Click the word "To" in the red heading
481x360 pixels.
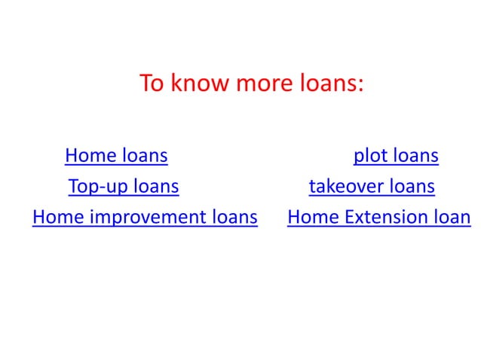(x=152, y=84)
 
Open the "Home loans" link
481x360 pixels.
(x=116, y=156)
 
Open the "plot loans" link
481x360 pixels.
(x=396, y=156)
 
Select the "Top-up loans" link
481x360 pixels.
(x=124, y=186)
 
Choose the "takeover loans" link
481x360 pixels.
(x=372, y=186)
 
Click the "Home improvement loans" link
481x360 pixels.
(x=145, y=218)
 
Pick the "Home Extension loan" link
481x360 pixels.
(x=379, y=218)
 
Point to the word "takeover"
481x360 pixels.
(x=346, y=186)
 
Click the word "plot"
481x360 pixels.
(x=369, y=156)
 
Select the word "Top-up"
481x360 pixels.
(x=97, y=186)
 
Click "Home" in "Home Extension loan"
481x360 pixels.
(x=313, y=218)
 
